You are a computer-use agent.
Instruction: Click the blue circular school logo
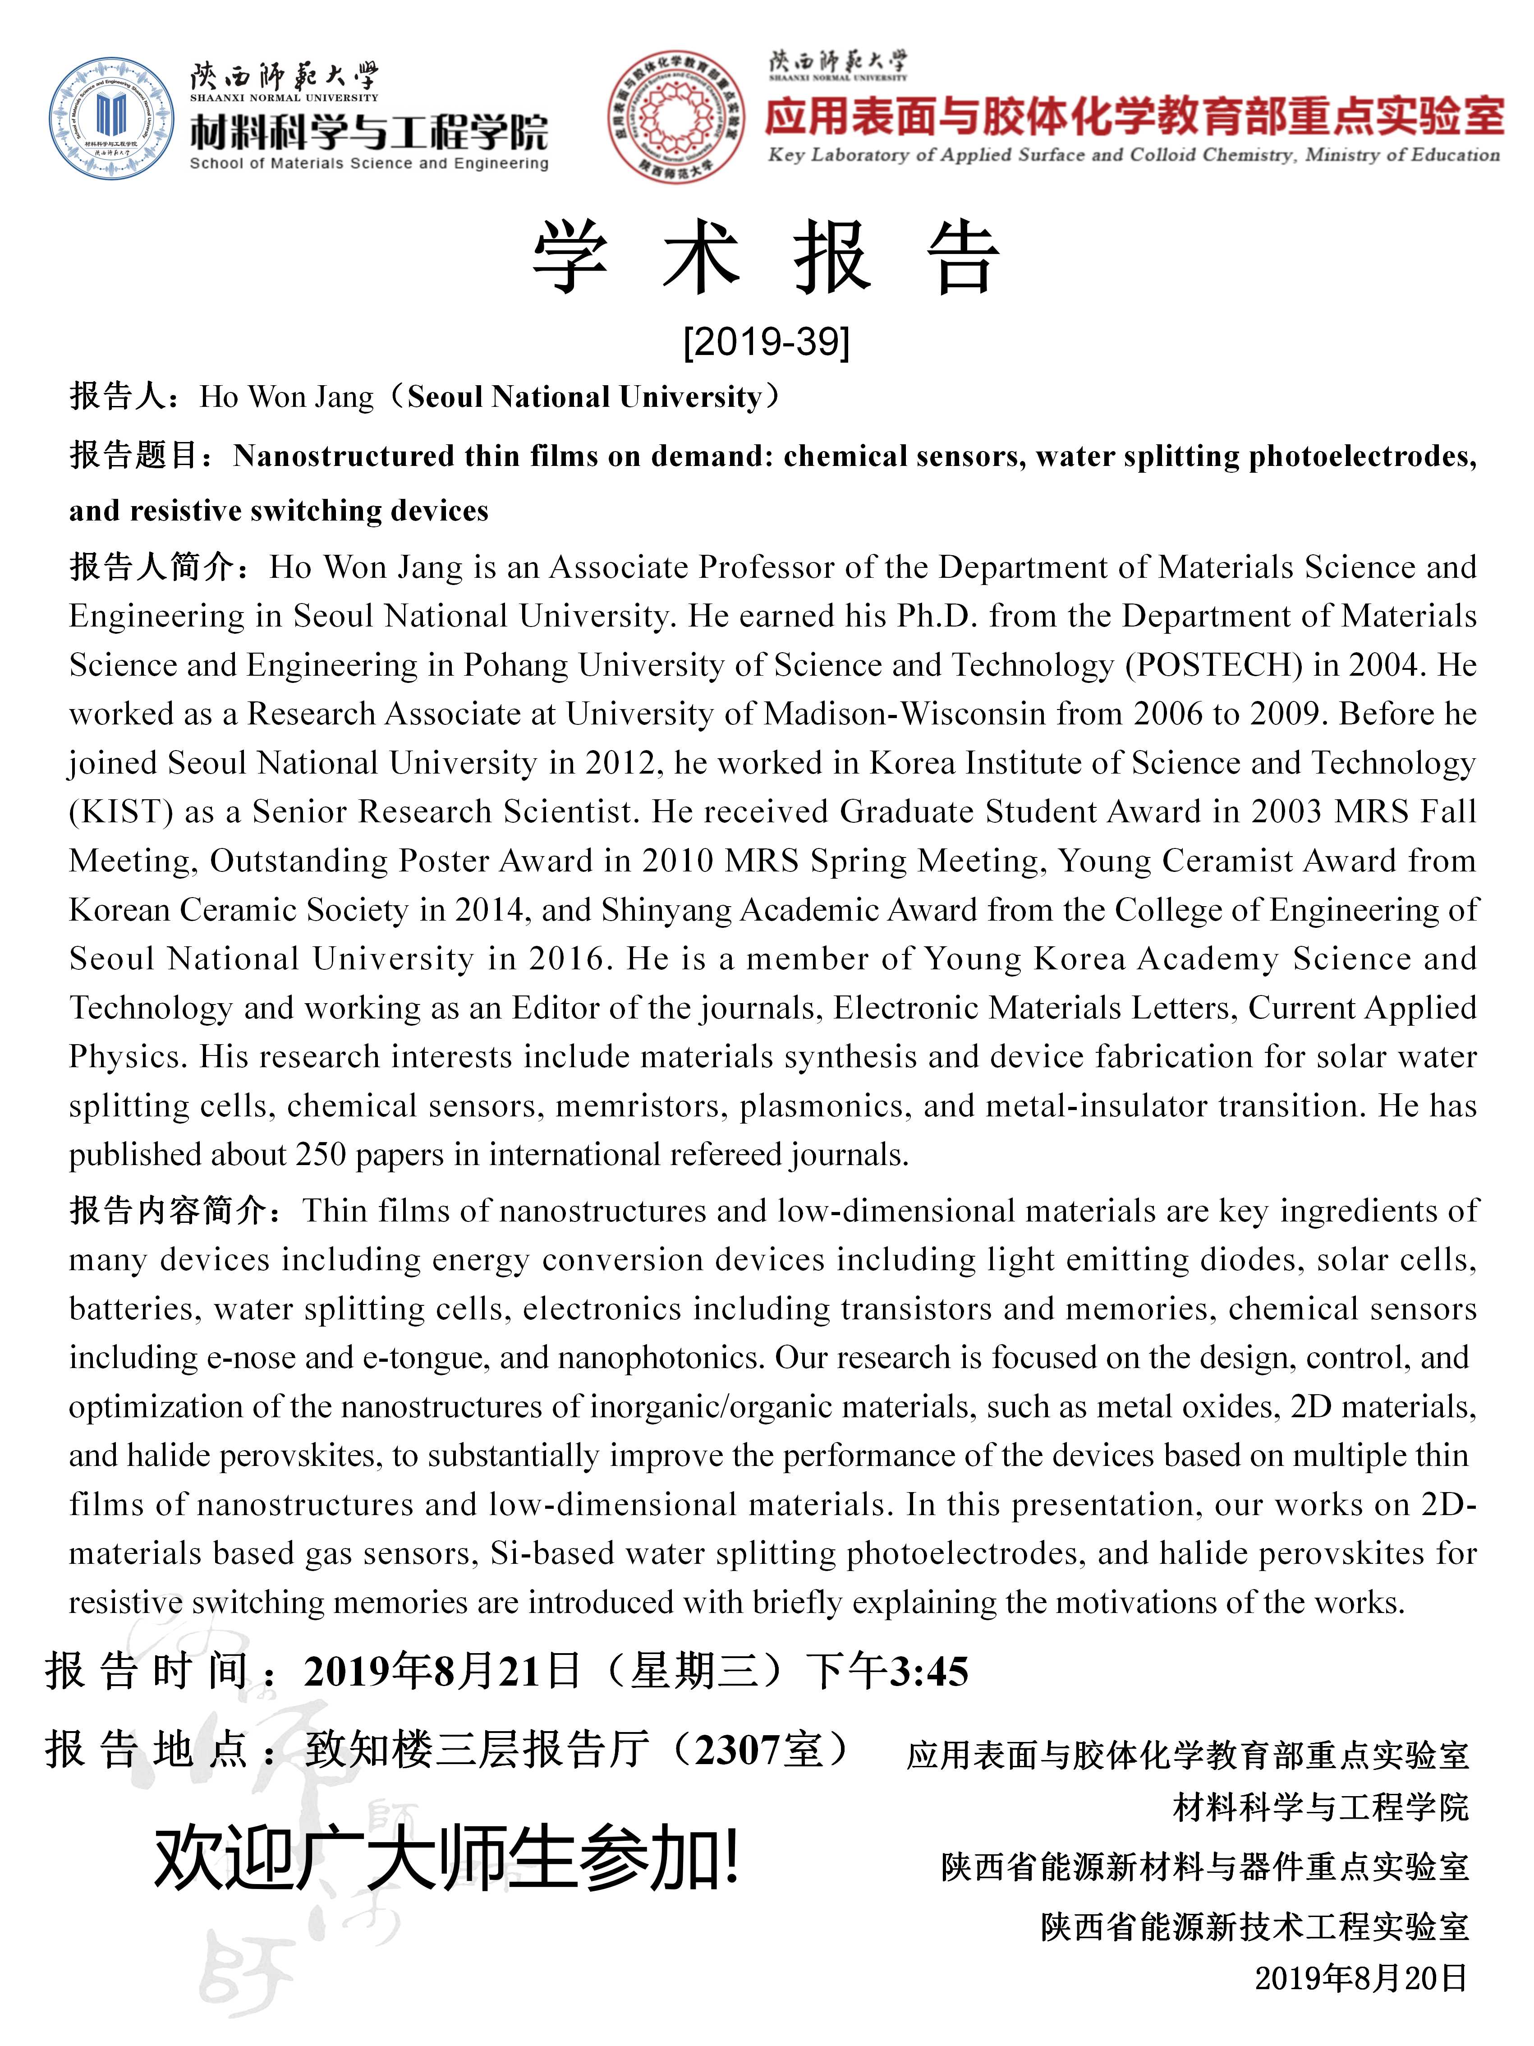pyautogui.click(x=111, y=118)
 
